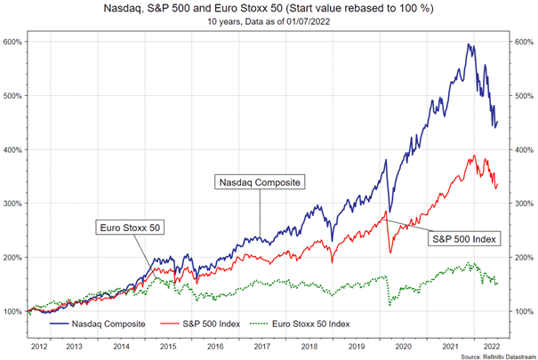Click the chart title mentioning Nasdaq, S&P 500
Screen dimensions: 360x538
[268, 8]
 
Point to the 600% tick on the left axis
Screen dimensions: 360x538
[13, 42]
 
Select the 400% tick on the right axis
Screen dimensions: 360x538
[524, 149]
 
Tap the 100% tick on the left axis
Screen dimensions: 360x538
[13, 312]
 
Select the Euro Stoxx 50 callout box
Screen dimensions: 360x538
[130, 227]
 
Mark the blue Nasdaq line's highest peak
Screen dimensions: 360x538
[469, 44]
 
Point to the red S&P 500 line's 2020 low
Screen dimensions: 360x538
[389, 254]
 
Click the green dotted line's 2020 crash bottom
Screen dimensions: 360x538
[389, 306]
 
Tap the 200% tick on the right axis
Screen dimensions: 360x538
[524, 258]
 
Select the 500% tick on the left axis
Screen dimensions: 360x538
[13, 96]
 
